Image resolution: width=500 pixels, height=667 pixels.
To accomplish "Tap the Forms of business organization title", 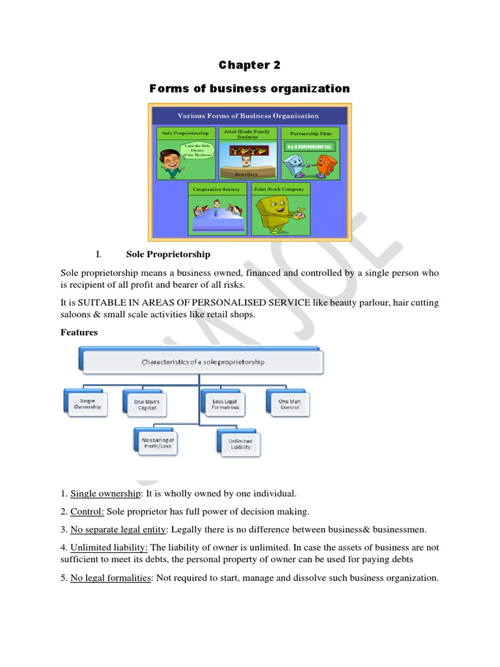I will point(249,89).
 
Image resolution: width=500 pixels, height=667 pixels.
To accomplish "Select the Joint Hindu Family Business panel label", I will point(247,134).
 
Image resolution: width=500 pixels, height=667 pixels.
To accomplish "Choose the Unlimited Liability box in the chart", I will point(240,444).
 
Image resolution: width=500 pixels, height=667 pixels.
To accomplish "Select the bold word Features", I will point(79,332).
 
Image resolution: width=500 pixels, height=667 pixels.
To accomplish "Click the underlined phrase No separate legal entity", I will point(118,530).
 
